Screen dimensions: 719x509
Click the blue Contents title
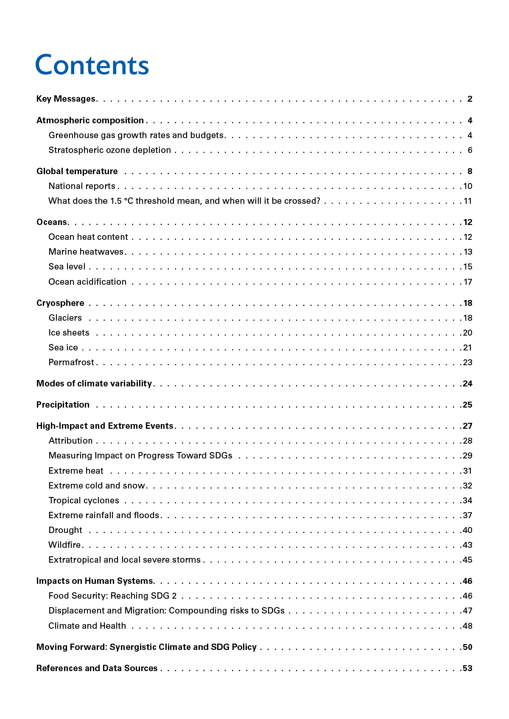(x=92, y=65)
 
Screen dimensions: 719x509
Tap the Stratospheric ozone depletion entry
(x=109, y=150)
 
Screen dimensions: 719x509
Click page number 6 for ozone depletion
(x=470, y=150)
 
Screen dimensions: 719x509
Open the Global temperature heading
(x=77, y=171)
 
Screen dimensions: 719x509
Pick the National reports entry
(x=82, y=186)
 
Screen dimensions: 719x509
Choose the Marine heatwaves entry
(x=86, y=252)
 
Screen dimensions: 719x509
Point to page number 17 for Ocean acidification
(x=468, y=282)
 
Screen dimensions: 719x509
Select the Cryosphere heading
(x=60, y=303)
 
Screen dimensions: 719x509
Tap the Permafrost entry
(x=71, y=362)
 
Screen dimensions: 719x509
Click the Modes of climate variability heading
(x=94, y=383)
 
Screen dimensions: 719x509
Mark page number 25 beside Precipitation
(x=467, y=405)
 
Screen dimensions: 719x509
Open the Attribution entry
(x=70, y=441)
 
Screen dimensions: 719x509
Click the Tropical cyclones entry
(x=84, y=500)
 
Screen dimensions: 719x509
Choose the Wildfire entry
(x=64, y=545)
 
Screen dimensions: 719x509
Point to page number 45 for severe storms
(x=467, y=560)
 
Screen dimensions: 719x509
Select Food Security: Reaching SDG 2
(x=112, y=596)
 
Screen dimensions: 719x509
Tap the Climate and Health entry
(x=87, y=626)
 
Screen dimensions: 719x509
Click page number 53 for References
(x=467, y=668)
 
